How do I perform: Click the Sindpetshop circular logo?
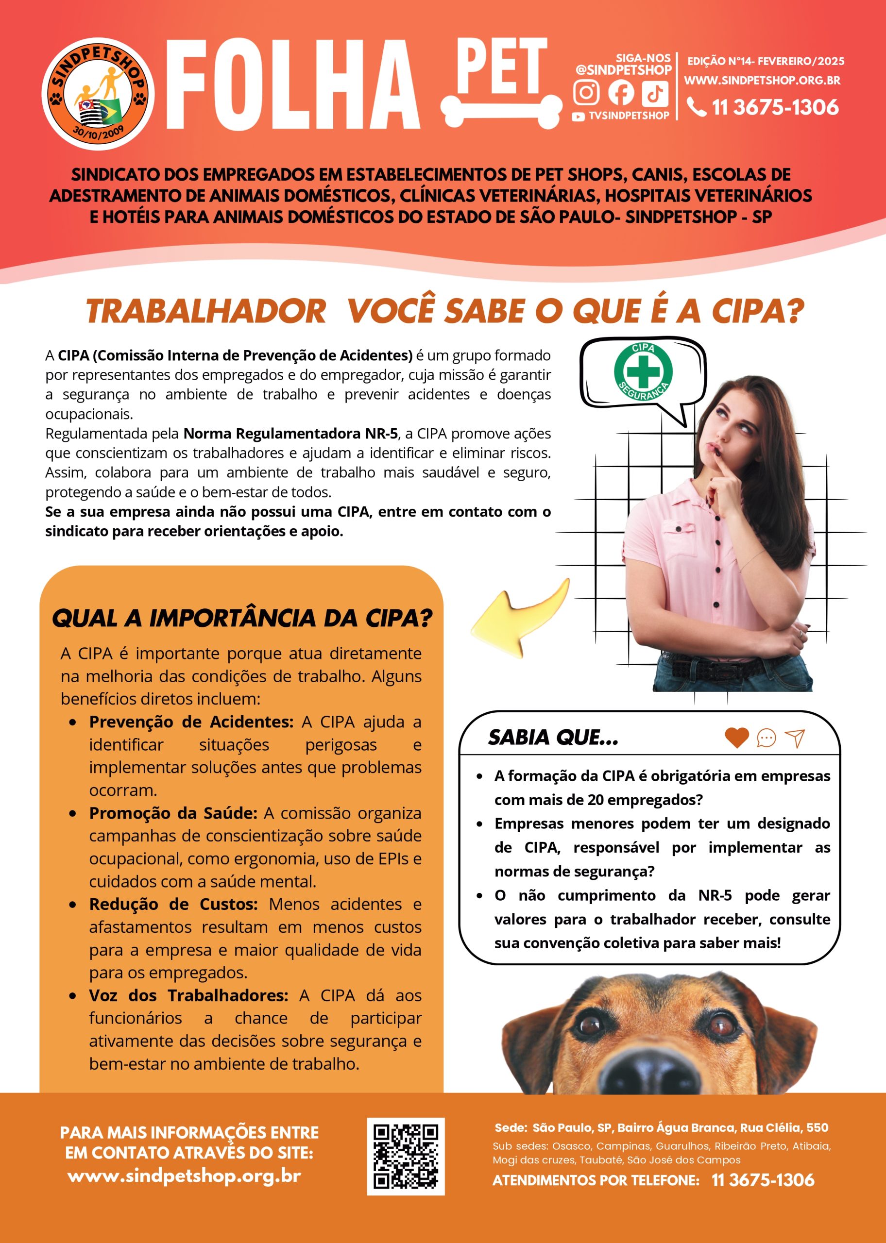pos(98,94)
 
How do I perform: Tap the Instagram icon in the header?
pos(586,92)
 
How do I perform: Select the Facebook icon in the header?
pos(621,92)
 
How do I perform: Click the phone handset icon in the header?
pos(696,107)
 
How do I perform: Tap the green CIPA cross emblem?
pos(643,371)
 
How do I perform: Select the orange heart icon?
pos(736,738)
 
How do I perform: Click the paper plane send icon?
pos(795,738)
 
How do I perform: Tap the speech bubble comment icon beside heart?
pos(767,738)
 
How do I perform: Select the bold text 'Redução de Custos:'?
pos(173,905)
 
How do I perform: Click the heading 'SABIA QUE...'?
pos(553,738)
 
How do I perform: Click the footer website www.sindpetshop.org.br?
pos(185,1176)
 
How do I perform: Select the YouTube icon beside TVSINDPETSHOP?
pos(578,117)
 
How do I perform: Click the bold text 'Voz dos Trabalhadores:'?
pos(188,995)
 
